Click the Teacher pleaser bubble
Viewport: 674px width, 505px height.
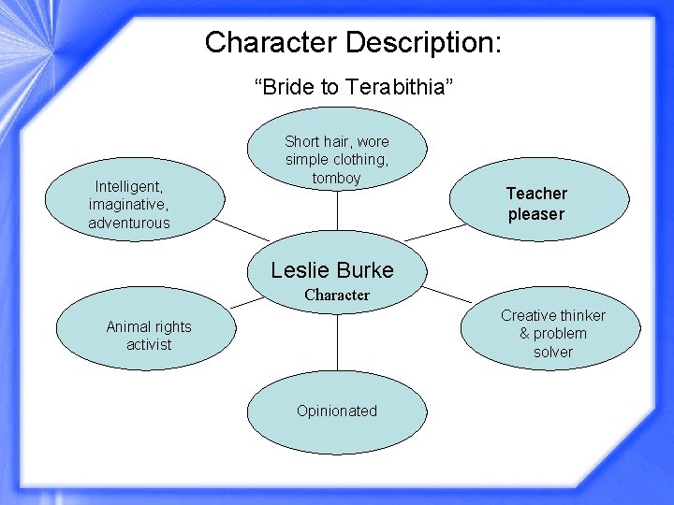(536, 203)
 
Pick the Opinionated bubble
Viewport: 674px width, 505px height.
(337, 411)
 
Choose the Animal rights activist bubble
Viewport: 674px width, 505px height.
(148, 335)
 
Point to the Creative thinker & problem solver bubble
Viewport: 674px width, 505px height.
(552, 333)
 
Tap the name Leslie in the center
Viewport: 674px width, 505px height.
(301, 270)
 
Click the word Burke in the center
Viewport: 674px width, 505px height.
(366, 270)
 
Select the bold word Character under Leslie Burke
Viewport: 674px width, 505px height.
(337, 295)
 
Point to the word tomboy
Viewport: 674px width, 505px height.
(337, 178)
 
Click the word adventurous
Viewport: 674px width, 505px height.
(129, 223)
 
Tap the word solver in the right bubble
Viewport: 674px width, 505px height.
(552, 352)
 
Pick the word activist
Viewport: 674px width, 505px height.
(149, 344)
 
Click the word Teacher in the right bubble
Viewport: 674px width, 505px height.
(536, 194)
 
